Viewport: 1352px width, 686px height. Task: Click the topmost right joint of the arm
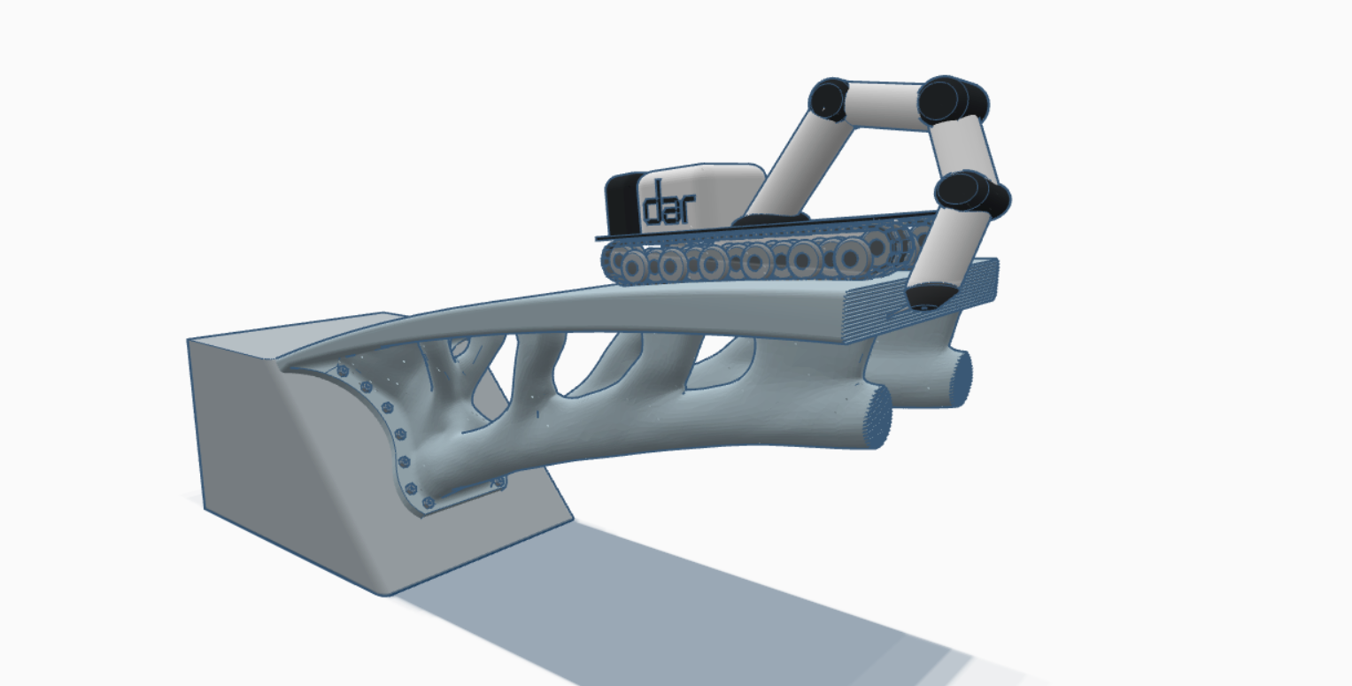[949, 99]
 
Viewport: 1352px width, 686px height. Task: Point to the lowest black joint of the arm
[971, 197]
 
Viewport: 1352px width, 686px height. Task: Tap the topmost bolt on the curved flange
[343, 369]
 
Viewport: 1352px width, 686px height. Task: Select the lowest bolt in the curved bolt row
[429, 502]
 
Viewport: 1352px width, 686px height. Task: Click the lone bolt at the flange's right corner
[499, 482]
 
